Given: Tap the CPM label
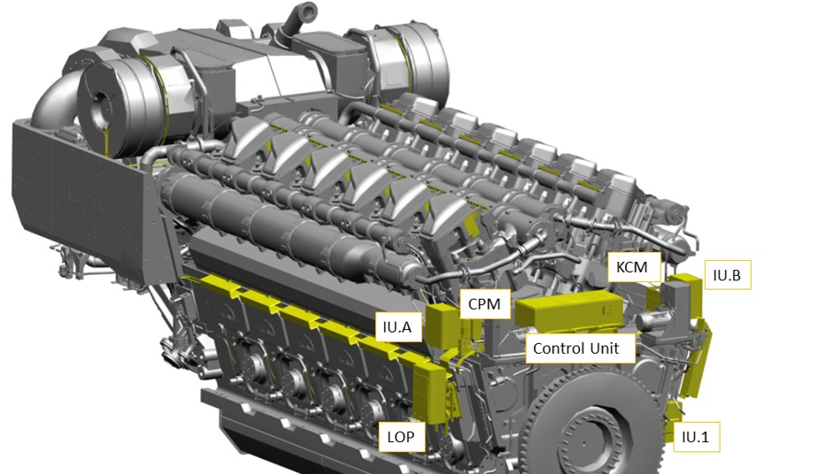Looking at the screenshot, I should pos(485,305).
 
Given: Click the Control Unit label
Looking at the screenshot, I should pos(583,348).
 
